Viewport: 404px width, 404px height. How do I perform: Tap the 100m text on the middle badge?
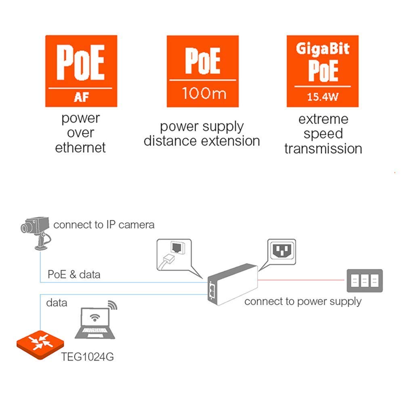tap(202, 93)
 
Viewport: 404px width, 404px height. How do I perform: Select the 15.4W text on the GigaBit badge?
tap(322, 97)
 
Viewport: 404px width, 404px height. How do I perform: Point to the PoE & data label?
tap(74, 275)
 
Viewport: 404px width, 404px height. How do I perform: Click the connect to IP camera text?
tap(104, 225)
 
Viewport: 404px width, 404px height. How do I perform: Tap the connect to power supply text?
tap(303, 301)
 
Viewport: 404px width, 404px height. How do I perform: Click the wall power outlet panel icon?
tap(364, 280)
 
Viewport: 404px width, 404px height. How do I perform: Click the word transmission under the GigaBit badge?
tap(323, 149)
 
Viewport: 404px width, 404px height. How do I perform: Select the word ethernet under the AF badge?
tap(80, 147)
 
